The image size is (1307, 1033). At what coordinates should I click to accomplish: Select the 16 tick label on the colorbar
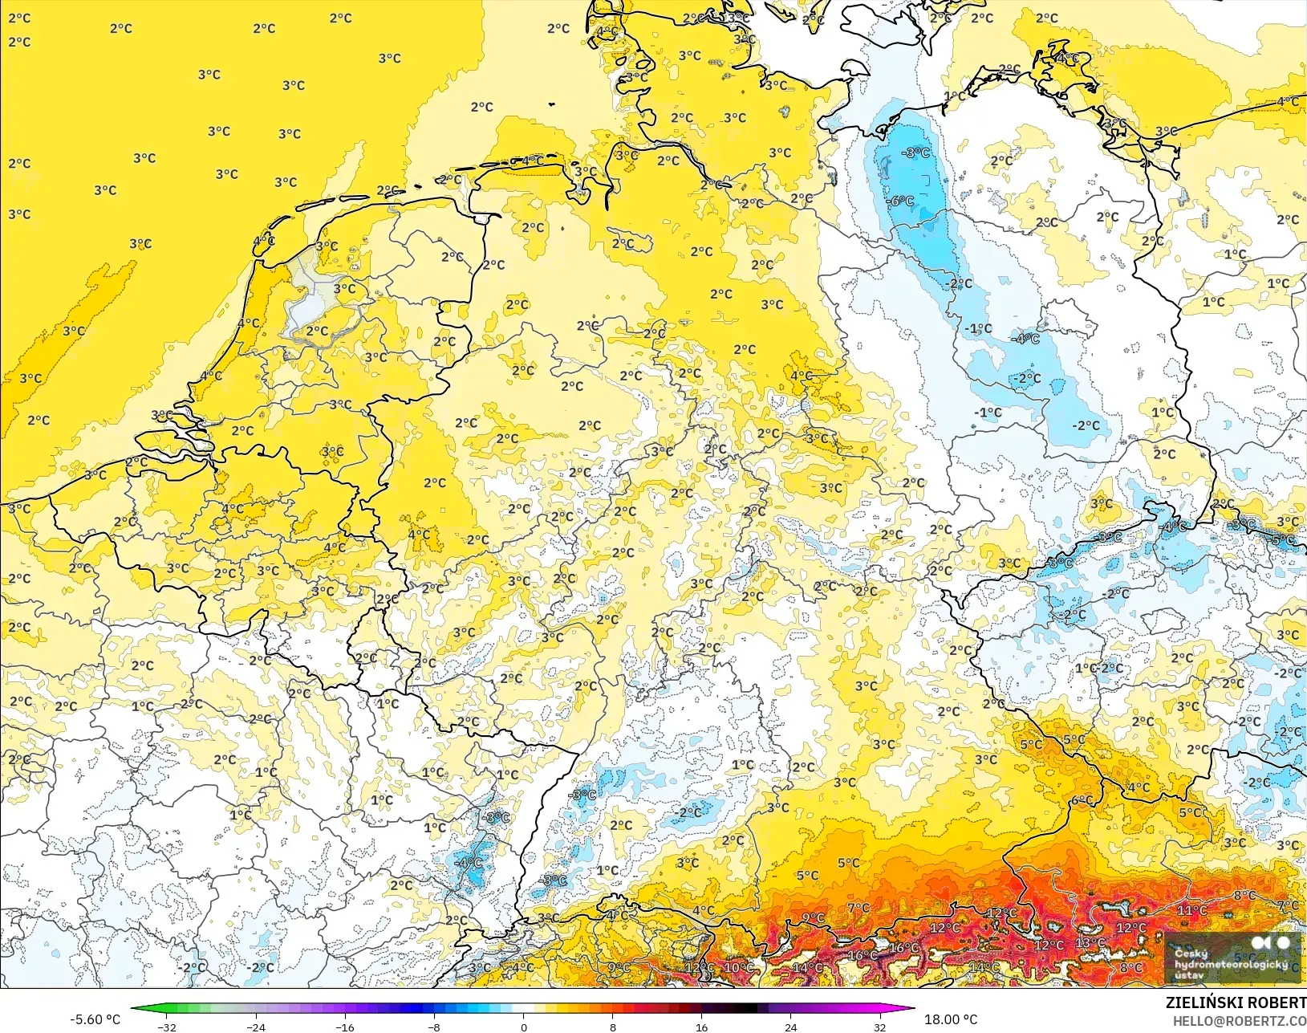pos(702,1027)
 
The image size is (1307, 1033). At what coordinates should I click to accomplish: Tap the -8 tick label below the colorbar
pos(434,1027)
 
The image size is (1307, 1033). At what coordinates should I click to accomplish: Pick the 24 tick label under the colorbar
pos(790,1027)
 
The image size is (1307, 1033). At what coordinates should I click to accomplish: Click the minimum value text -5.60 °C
pos(95,1019)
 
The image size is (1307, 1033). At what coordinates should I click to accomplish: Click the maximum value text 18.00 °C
pos(951,1019)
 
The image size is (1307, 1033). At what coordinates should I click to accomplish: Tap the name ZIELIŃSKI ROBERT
pos(1236,1002)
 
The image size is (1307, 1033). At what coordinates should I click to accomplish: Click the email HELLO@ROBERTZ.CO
pos(1240,1021)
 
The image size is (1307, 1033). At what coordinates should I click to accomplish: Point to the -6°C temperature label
pos(901,201)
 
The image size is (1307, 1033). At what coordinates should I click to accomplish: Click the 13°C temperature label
pos(1090,942)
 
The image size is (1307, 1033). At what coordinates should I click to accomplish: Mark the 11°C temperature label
pos(1191,910)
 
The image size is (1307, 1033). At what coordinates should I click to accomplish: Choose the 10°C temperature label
pos(738,968)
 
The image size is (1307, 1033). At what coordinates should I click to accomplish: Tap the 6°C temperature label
pos(1082,800)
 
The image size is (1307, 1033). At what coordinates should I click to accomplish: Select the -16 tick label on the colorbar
pos(345,1027)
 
